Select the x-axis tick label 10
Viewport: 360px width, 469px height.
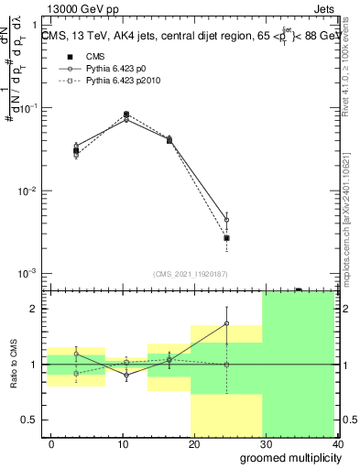101,444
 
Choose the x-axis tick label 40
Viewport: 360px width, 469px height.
339,444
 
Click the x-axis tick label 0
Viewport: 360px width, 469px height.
51,444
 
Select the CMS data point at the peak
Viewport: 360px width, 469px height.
125,115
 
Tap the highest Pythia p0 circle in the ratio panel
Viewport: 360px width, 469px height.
226,323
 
